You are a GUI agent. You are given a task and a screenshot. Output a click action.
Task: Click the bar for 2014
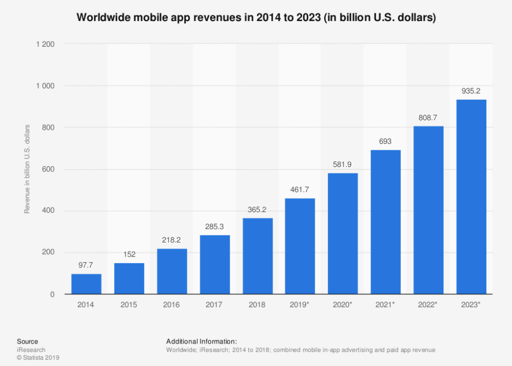(x=86, y=284)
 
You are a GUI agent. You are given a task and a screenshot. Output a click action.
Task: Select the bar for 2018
(x=257, y=256)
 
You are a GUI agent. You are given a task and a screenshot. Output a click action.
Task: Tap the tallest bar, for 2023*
(x=471, y=197)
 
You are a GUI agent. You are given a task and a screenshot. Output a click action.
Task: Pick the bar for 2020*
(x=343, y=234)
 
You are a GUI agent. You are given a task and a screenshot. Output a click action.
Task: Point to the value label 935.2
(x=471, y=90)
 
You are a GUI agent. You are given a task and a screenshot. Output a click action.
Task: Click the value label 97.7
(x=86, y=265)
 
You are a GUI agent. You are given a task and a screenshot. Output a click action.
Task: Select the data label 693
(x=386, y=141)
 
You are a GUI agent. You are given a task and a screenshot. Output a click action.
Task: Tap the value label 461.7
(x=300, y=189)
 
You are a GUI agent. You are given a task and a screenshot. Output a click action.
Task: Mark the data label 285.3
(x=215, y=226)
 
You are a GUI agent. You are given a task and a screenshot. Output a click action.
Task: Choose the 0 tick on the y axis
(x=52, y=295)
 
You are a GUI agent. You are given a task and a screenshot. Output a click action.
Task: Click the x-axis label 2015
(x=129, y=305)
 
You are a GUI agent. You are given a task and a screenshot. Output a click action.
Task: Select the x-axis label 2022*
(x=429, y=305)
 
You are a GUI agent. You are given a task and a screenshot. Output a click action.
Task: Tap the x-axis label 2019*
(x=300, y=305)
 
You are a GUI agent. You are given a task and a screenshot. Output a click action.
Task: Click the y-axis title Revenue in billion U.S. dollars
(x=27, y=169)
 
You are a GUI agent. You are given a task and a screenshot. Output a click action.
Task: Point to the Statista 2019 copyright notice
(x=38, y=358)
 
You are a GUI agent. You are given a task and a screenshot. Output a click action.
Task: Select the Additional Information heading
(x=201, y=341)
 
